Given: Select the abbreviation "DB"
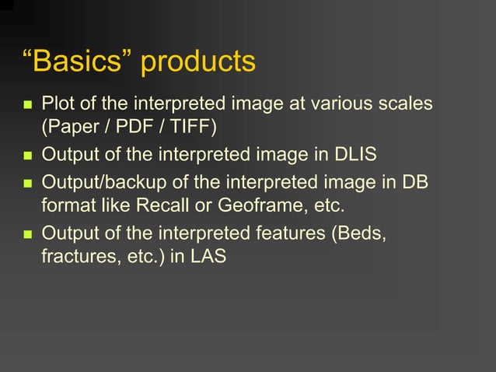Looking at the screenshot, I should [414, 184].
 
